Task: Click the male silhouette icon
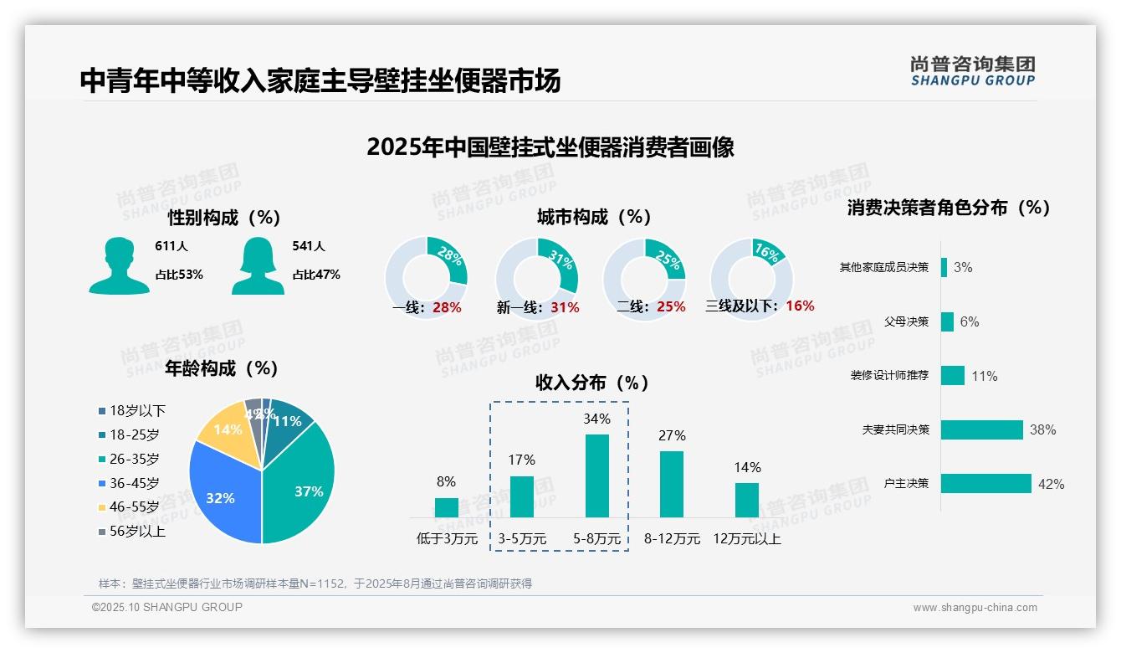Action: point(119,265)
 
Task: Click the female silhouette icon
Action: point(258,265)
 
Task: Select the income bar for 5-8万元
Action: point(597,476)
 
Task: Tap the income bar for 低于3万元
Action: point(447,507)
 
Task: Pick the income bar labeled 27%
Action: point(672,484)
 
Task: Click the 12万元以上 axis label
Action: point(747,539)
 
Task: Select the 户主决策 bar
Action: point(986,483)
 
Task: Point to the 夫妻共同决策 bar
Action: point(982,429)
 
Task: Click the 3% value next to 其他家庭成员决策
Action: point(963,268)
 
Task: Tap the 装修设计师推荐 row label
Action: point(889,376)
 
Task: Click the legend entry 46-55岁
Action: point(134,507)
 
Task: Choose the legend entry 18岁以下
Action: point(137,411)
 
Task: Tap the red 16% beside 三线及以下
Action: point(800,306)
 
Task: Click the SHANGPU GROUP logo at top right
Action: point(973,71)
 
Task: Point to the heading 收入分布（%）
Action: point(592,383)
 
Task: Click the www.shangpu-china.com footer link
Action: point(975,608)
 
